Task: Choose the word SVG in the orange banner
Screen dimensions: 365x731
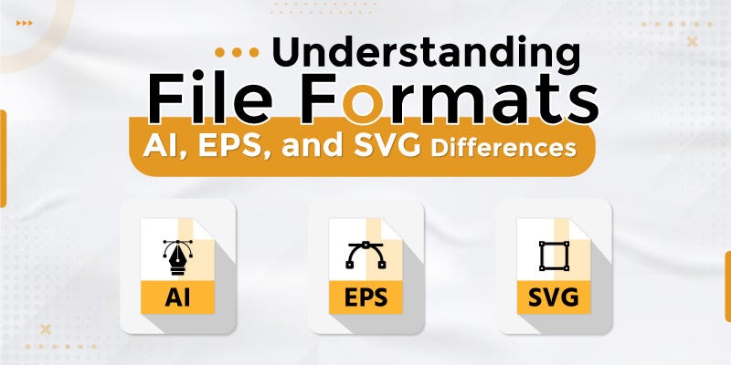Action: pyautogui.click(x=396, y=145)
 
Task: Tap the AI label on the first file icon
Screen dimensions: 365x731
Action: pyautogui.click(x=177, y=297)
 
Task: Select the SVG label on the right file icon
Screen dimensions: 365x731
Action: pyautogui.click(x=553, y=297)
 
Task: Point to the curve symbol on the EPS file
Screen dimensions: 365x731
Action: pyautogui.click(x=365, y=256)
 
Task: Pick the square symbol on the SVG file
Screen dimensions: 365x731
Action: pyautogui.click(x=552, y=256)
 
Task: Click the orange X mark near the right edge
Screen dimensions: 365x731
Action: pyautogui.click(x=692, y=41)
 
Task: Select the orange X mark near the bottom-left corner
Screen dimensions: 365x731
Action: pyautogui.click(x=45, y=327)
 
